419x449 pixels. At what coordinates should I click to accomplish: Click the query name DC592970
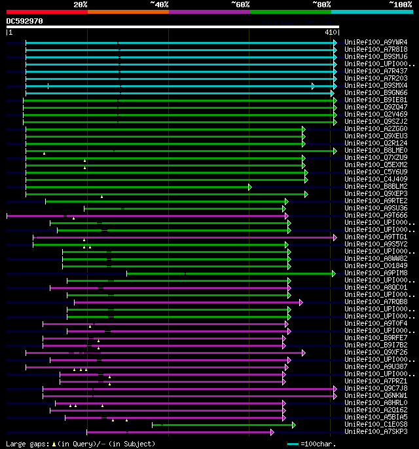(25, 21)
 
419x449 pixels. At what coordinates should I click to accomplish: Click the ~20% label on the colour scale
(81, 4)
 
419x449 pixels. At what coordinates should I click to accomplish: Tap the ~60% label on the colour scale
(240, 4)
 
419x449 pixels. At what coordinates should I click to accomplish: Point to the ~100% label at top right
(400, 4)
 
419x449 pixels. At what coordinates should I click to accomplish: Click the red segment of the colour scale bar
(46, 11)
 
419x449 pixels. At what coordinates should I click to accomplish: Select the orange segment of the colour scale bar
(128, 11)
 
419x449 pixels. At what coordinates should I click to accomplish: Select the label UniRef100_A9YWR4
(376, 43)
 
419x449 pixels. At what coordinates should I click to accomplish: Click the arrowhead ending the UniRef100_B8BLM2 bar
(250, 187)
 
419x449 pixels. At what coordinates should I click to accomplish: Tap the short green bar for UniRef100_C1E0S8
(223, 425)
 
